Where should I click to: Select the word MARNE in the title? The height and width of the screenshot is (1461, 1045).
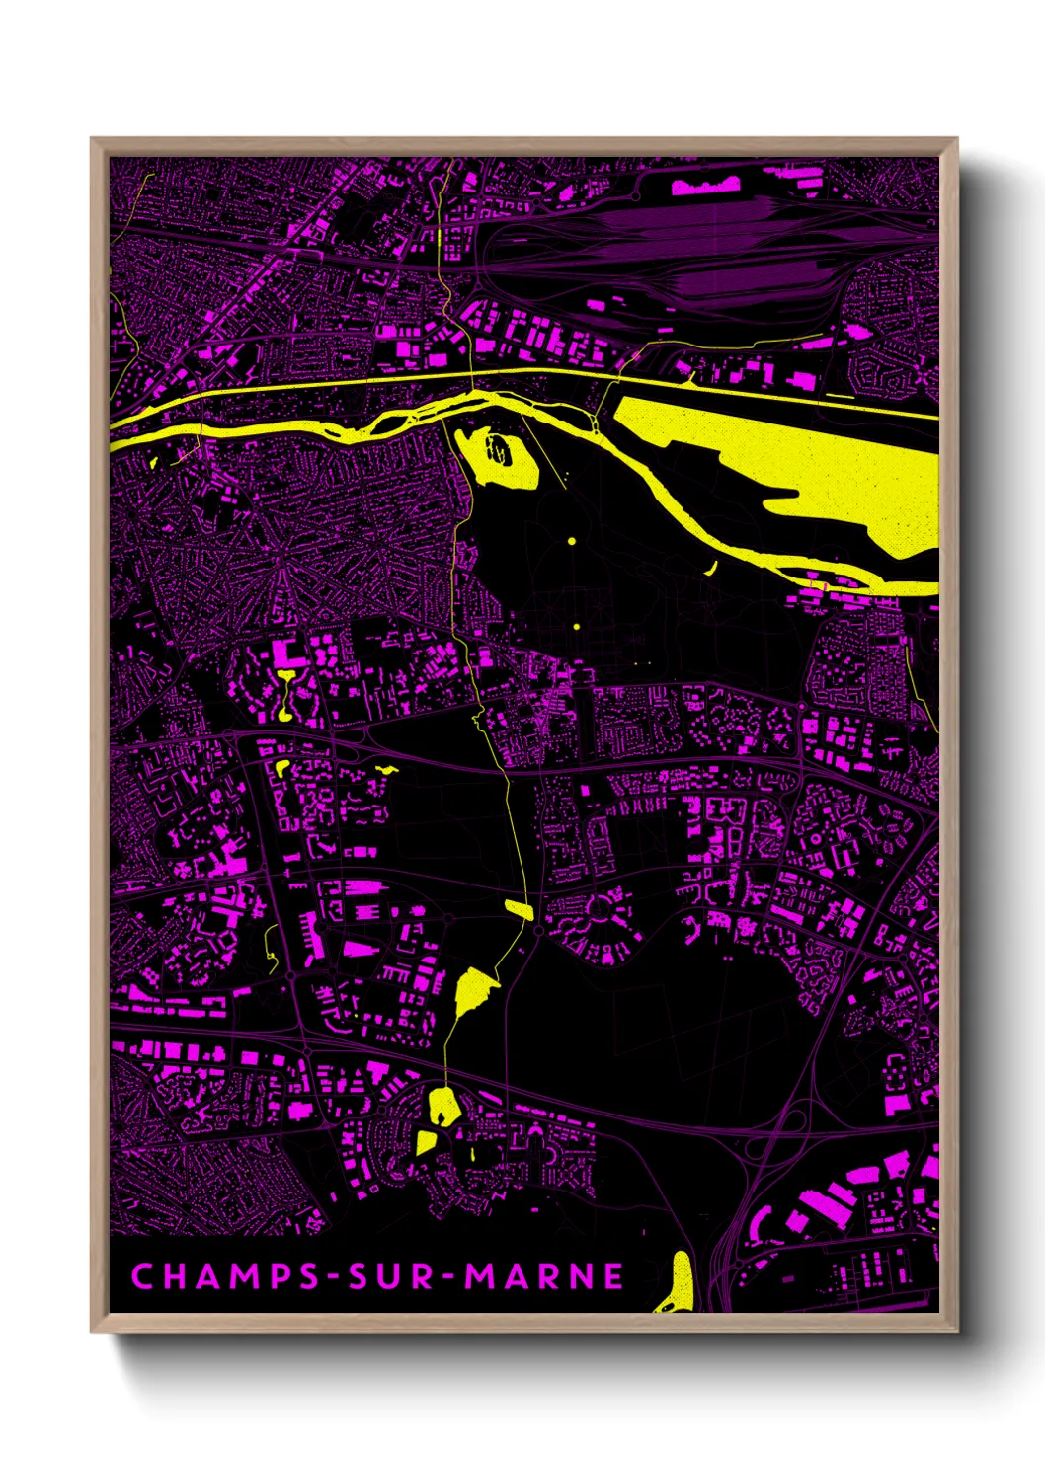point(544,1276)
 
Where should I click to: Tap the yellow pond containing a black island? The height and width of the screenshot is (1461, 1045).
point(502,457)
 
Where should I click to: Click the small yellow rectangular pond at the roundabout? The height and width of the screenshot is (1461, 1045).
point(519,908)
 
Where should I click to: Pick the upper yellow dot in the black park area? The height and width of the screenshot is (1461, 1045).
point(571,541)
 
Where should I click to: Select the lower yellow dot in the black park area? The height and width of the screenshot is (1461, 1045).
point(575,625)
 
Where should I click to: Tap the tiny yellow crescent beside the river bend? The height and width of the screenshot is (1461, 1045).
point(712,568)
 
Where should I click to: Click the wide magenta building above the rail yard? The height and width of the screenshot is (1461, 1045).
point(705,185)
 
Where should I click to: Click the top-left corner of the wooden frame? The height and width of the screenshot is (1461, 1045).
point(92,139)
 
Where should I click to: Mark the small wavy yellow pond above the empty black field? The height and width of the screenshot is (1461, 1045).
point(386,769)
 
